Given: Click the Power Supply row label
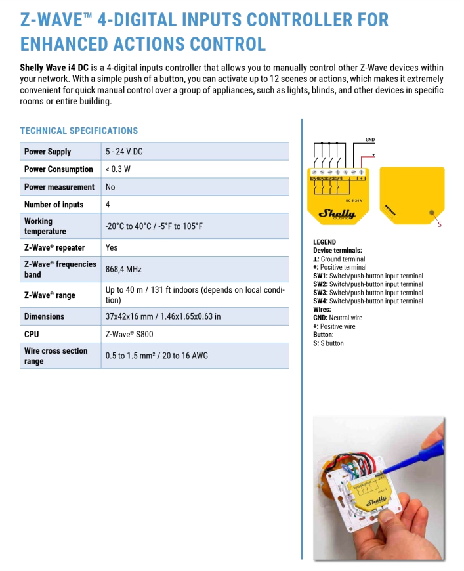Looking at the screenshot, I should click(47, 152).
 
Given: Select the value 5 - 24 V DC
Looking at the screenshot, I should click(124, 152).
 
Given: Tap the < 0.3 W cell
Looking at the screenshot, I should click(118, 169).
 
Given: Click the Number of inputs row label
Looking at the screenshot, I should click(54, 205).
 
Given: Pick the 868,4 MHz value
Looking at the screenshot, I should click(123, 269).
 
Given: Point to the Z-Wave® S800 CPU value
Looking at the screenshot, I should click(129, 334).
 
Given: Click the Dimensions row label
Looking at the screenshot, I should click(44, 316).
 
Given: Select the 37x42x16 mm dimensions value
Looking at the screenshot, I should click(163, 316).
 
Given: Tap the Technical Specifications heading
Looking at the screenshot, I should click(79, 131).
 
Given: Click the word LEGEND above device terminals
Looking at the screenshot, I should click(324, 242).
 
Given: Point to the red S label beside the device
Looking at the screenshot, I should click(439, 225).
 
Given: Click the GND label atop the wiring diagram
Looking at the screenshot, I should click(370, 140).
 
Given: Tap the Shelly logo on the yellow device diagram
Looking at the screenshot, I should click(337, 213).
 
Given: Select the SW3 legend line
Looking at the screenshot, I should click(368, 293).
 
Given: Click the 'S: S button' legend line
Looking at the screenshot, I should click(328, 343).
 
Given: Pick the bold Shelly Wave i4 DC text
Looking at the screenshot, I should click(54, 68).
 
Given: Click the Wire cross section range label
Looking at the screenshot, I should click(56, 356).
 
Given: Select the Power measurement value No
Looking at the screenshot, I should click(110, 187).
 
